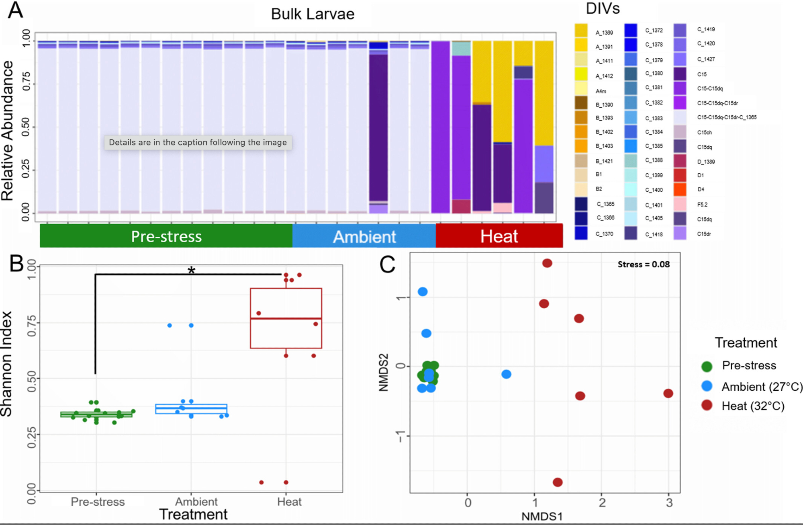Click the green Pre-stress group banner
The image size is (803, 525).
[x=166, y=236]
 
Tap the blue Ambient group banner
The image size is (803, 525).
[x=364, y=236]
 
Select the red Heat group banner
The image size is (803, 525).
[x=499, y=236]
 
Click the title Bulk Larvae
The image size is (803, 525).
[x=313, y=14]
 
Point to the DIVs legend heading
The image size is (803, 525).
[x=603, y=8]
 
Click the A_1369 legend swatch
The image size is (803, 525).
[x=581, y=31]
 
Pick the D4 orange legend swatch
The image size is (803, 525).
[x=680, y=189]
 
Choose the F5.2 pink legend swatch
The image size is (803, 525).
[x=680, y=204]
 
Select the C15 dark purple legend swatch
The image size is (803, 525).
[x=680, y=74]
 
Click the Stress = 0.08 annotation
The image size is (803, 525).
[x=644, y=264]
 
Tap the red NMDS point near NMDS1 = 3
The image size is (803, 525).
[x=668, y=394]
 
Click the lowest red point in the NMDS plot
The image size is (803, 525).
[x=558, y=482]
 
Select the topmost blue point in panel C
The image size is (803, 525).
[x=423, y=291]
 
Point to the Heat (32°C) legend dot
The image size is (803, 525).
[x=707, y=405]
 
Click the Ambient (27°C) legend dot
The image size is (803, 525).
[x=707, y=386]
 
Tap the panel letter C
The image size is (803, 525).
[x=387, y=265]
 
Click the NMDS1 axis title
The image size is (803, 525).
[x=541, y=516]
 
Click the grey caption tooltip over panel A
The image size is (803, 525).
[x=198, y=142]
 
